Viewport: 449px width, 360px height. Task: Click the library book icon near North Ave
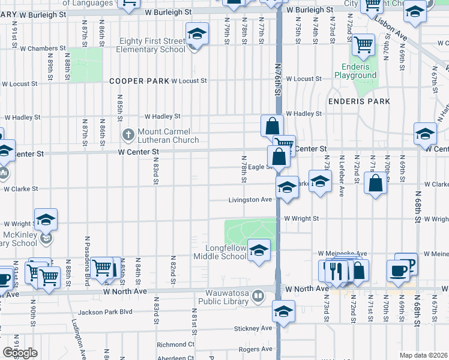tap(258, 295)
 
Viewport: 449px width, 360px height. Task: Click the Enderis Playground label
tap(351, 71)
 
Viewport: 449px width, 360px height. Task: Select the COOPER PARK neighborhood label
tap(139, 80)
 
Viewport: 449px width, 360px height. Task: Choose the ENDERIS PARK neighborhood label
tap(358, 101)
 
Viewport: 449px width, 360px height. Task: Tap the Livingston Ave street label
tap(250, 200)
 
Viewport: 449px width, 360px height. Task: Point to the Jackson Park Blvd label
tap(104, 312)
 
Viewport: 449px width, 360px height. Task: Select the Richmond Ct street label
tap(175, 344)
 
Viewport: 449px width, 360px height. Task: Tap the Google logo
tap(20, 353)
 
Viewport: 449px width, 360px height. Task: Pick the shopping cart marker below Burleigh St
tap(363, 44)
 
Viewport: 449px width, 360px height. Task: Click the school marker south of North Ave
tap(283, 311)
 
